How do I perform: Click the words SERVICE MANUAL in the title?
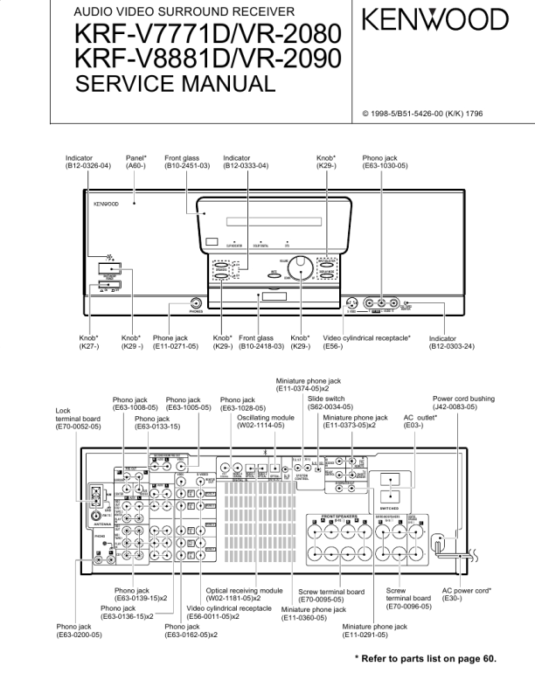175,84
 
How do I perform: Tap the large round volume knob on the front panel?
301,266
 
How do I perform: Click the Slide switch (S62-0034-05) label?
330,403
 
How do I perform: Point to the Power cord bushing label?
467,403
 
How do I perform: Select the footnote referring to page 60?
425,659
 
